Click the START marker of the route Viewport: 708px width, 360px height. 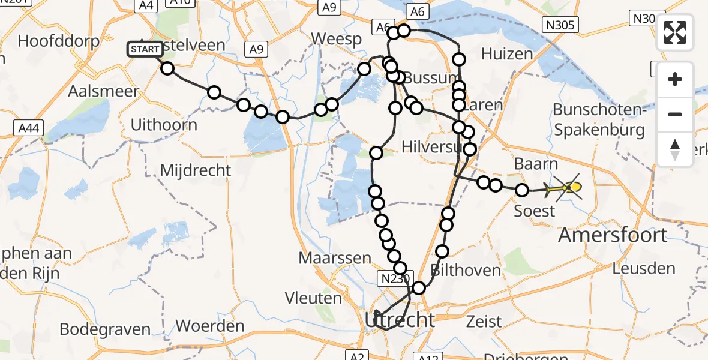145,49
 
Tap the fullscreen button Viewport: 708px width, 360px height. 675,32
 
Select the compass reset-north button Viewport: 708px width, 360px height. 675,149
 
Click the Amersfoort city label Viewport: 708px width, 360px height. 613,235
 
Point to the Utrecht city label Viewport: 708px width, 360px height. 399,319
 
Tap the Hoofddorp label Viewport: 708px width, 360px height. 53,41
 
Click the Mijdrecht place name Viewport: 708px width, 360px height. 195,170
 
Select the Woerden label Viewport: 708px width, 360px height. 210,326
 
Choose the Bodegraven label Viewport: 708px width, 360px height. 105,329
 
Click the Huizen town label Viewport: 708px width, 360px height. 506,54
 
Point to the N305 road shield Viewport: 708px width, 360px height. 560,25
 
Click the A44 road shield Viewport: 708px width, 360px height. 28,127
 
